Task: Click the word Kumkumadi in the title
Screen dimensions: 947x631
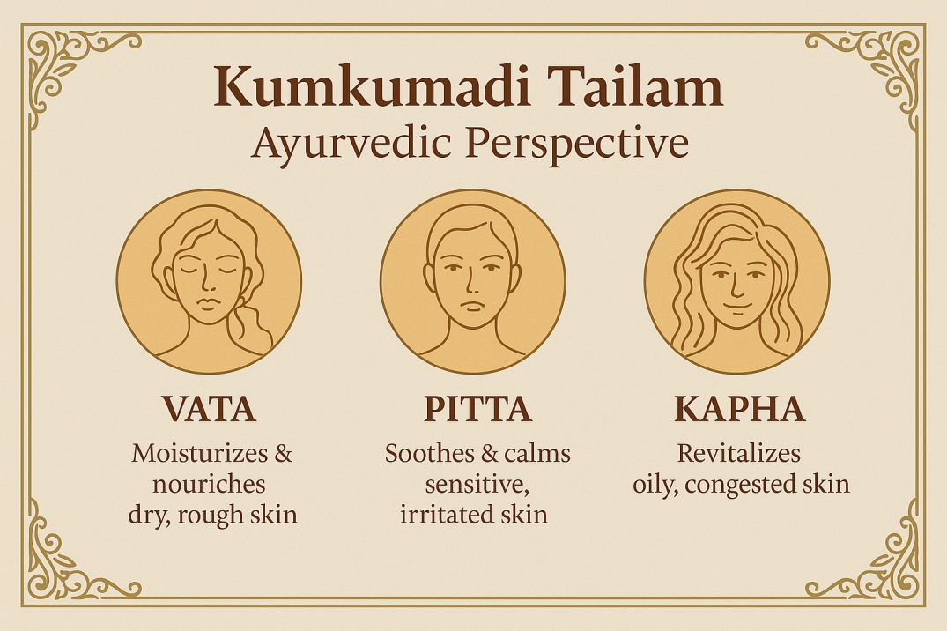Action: point(373,87)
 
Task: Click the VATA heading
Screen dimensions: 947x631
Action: point(209,409)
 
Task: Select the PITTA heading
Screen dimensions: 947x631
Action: point(477,409)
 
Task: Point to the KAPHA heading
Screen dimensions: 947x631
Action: point(740,409)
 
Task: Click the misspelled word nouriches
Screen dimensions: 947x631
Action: point(209,484)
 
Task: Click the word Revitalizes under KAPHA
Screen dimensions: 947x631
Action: point(738,453)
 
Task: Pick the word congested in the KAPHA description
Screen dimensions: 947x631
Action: point(741,485)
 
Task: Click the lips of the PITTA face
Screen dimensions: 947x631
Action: point(471,305)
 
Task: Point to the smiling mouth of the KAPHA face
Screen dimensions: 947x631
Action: point(736,303)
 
